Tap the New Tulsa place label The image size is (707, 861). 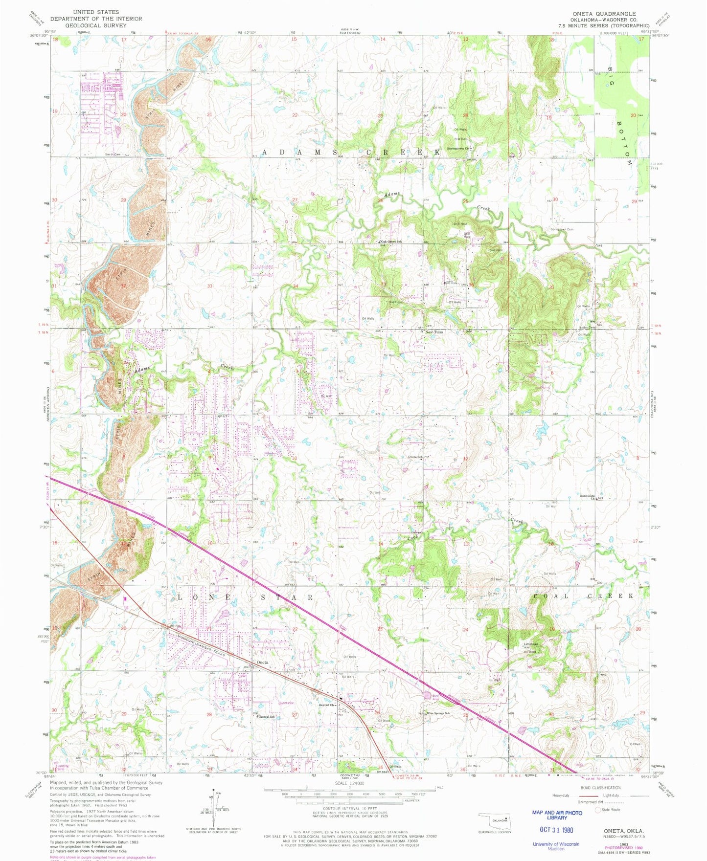[434, 332]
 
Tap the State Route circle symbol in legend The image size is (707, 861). [598, 810]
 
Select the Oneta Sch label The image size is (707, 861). [415, 457]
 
